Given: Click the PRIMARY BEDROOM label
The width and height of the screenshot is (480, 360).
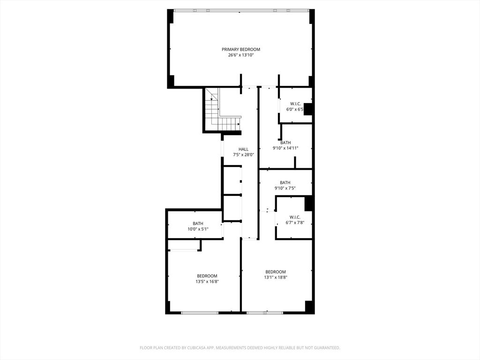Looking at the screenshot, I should click(241, 49).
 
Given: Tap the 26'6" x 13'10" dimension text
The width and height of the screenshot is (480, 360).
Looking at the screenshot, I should click(241, 55).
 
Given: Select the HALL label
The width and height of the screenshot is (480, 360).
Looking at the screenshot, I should click(243, 149).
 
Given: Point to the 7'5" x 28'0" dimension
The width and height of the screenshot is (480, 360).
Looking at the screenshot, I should click(243, 155).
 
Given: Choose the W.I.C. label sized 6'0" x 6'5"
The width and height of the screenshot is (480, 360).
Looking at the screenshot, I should click(295, 104).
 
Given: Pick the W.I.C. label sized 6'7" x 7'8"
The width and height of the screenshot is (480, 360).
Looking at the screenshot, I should click(295, 217).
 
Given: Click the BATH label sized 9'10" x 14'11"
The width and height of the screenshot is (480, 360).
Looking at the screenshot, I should click(285, 142).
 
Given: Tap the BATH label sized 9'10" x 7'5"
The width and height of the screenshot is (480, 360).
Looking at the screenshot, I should click(285, 182).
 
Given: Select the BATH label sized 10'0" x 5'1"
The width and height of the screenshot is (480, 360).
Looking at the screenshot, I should click(198, 223).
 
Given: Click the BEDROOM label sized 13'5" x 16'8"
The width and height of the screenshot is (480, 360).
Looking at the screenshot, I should click(207, 276).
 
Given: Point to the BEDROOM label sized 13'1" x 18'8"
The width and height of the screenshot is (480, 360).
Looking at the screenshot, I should click(276, 272).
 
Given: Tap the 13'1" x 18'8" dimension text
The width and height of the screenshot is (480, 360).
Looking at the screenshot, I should click(276, 277).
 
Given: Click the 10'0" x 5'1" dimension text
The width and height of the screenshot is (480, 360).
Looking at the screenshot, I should click(198, 229).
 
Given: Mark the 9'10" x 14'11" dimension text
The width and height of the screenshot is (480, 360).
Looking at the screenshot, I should click(285, 148).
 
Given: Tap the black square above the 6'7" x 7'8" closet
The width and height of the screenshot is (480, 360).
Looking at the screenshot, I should click(309, 204).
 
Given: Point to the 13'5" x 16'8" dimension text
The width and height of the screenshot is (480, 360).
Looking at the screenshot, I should click(207, 281).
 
